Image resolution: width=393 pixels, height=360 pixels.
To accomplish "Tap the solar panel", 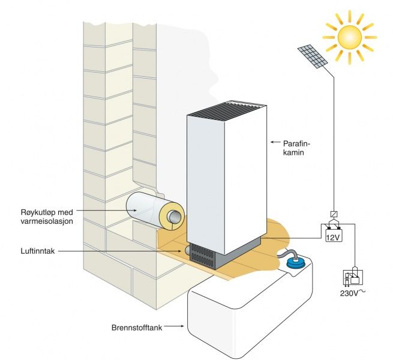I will tap(312, 56).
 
